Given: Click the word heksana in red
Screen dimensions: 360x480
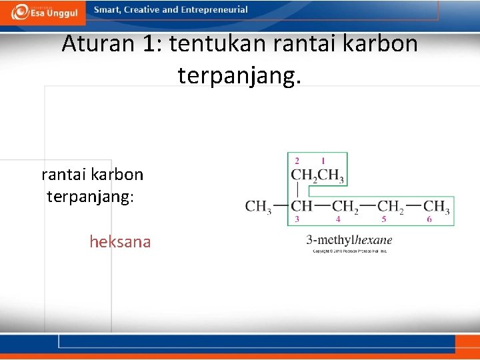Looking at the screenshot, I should (120, 241).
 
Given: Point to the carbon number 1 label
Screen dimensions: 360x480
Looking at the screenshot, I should (323, 161).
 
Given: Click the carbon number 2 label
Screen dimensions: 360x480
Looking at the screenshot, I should (297, 161).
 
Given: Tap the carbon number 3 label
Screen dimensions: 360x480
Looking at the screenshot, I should (297, 219).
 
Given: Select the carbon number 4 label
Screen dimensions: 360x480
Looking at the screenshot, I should (338, 219).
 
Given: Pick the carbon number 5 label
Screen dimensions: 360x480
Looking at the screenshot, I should (384, 219).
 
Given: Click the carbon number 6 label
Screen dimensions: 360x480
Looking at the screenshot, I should (429, 219).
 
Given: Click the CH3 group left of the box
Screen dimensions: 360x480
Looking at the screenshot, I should (258, 206).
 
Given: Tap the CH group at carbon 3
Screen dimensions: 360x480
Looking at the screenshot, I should (302, 206).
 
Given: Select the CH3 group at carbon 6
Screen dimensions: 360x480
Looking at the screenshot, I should (437, 206).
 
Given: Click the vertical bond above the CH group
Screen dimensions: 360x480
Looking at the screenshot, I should (297, 191).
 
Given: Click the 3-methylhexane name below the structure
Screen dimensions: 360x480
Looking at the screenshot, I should (349, 240).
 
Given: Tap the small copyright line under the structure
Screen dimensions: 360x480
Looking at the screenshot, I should (349, 251).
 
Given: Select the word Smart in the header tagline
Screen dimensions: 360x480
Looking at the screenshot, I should (107, 10).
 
